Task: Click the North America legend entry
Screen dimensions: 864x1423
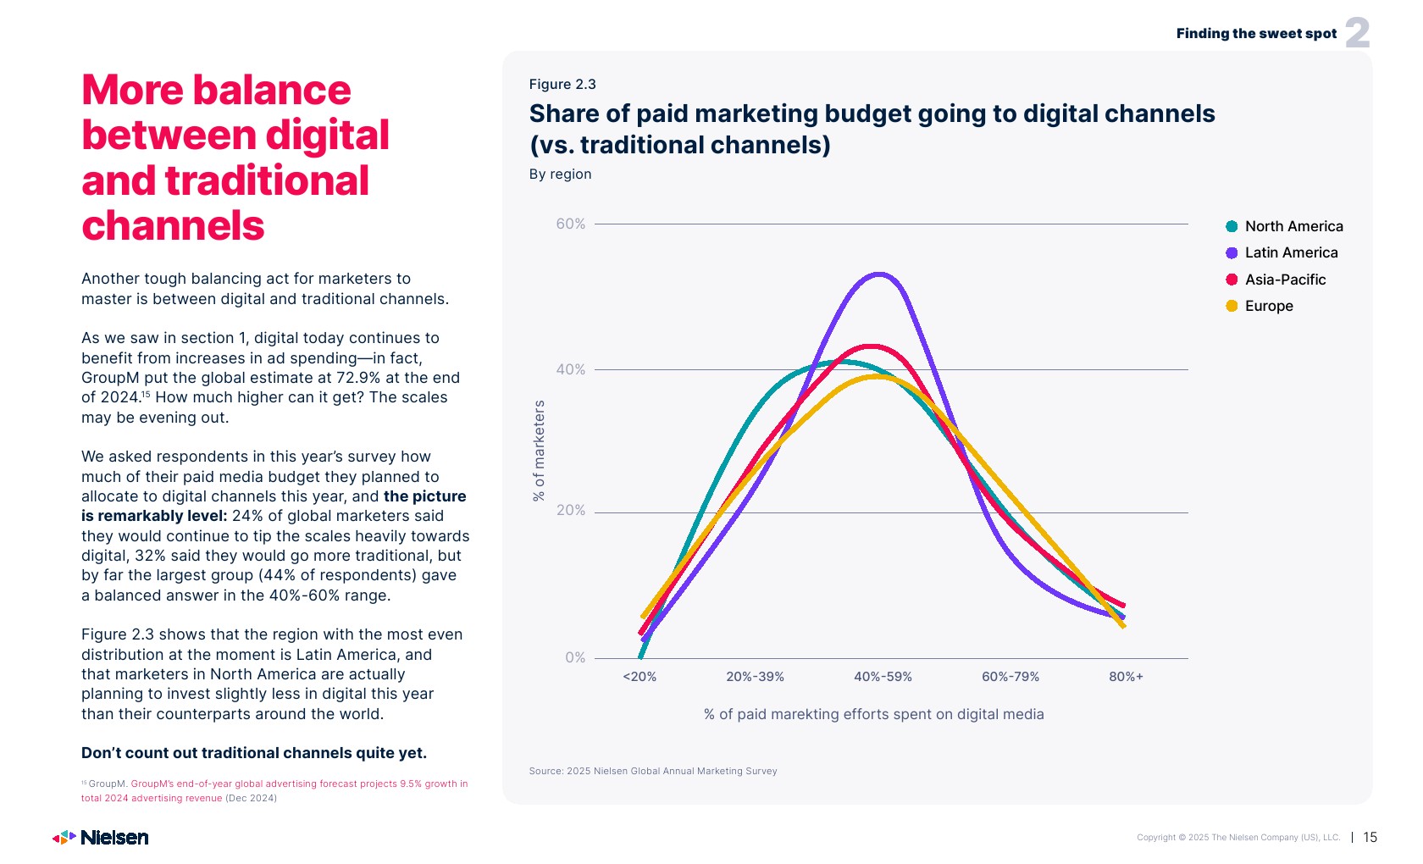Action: (1284, 226)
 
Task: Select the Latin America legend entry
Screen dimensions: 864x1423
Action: (1282, 252)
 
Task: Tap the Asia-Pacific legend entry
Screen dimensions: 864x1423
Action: (1276, 280)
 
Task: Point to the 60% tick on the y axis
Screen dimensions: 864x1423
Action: (570, 224)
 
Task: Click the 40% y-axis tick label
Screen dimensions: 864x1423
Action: (570, 369)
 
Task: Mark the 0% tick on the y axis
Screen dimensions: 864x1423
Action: (575, 657)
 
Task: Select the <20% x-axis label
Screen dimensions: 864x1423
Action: (640, 677)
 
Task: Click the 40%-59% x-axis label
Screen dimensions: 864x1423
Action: (883, 677)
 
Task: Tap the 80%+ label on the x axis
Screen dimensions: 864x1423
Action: (1126, 677)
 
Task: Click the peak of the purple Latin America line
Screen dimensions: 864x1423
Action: (879, 274)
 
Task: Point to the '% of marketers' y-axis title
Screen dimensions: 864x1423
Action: (539, 451)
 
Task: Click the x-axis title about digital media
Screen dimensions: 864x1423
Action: (873, 714)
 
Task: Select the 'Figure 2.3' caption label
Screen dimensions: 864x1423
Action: (562, 84)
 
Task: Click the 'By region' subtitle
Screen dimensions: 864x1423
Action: (560, 174)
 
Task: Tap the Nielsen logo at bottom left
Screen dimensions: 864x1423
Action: (101, 838)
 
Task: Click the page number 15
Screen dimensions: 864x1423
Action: (1370, 837)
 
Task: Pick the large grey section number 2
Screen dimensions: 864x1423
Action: (1357, 33)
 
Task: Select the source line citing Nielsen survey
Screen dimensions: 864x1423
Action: (652, 771)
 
